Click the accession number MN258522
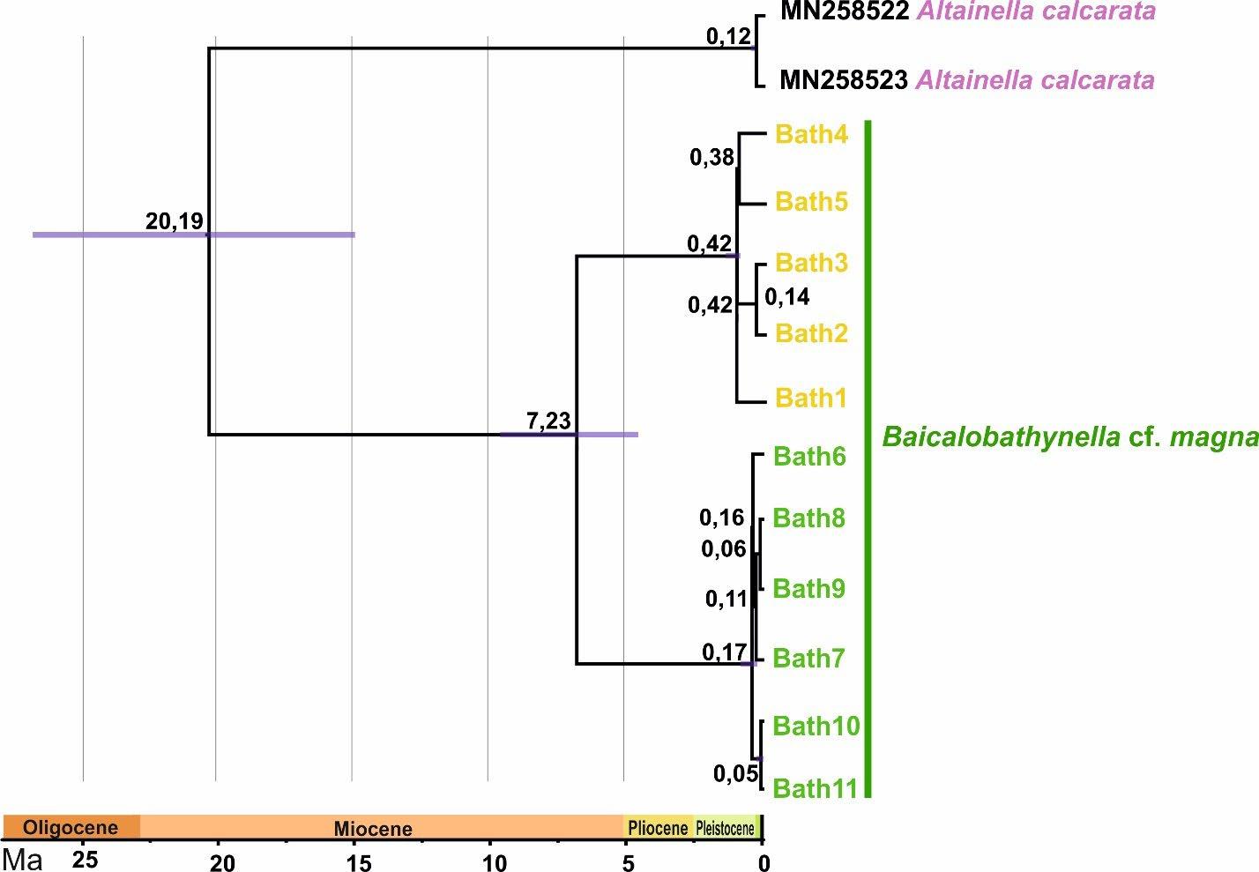point(844,11)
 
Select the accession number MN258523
point(844,80)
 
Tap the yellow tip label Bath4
point(811,135)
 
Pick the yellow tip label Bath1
point(811,399)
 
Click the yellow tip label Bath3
point(811,263)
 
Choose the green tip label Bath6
point(809,456)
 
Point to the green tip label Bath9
point(809,588)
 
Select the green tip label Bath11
point(815,788)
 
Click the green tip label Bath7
point(809,658)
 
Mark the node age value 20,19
point(175,221)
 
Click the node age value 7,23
point(548,421)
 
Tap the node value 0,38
point(711,158)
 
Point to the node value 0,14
point(786,298)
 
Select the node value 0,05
point(735,774)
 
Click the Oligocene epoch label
point(70,828)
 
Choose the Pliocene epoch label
point(658,828)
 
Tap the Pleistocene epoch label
point(726,828)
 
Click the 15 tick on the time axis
point(361,863)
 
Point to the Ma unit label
point(23,860)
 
